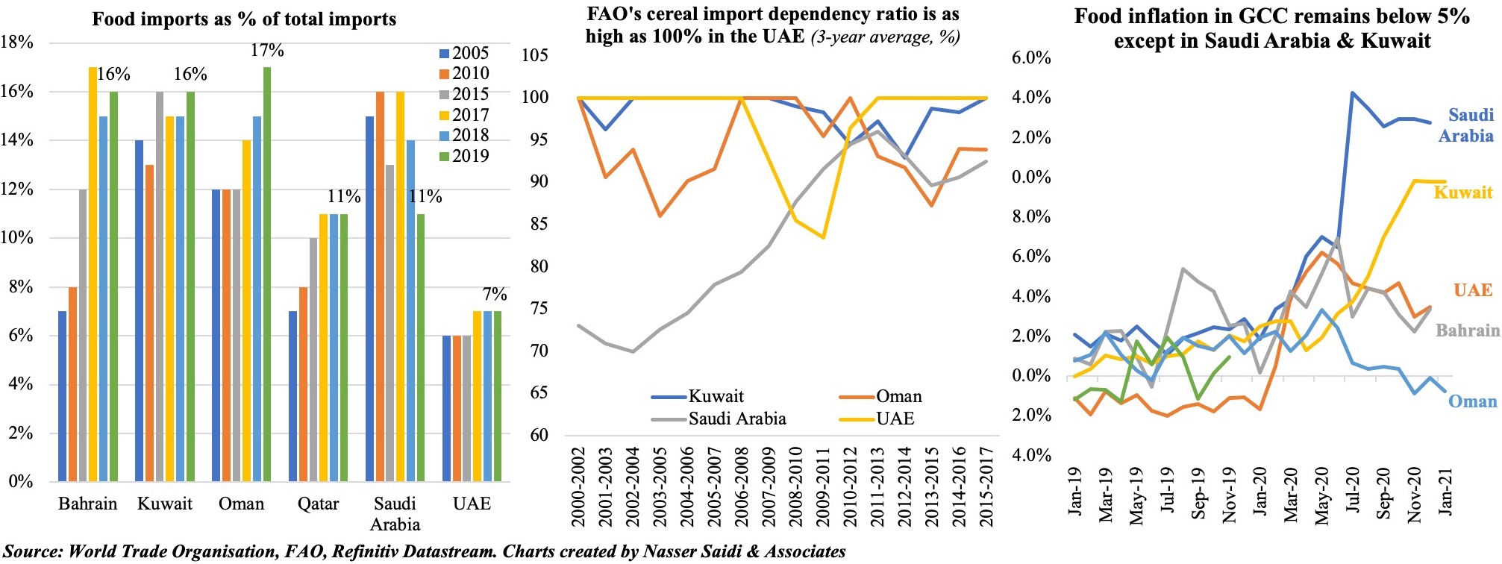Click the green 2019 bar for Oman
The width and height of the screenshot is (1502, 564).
click(x=267, y=274)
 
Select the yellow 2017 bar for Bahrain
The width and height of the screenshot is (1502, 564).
click(x=93, y=274)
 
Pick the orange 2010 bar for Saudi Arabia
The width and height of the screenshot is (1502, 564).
click(x=381, y=286)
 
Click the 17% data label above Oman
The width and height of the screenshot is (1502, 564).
click(x=267, y=51)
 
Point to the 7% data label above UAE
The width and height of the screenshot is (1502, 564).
click(x=495, y=294)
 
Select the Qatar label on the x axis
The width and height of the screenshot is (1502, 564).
click(x=318, y=504)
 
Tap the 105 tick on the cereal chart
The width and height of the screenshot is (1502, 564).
click(x=534, y=54)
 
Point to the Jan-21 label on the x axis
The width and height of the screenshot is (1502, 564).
click(x=1446, y=490)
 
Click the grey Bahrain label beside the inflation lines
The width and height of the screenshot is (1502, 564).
click(x=1467, y=330)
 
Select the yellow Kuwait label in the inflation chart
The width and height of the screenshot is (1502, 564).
click(x=1462, y=192)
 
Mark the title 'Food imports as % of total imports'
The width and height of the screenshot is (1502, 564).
click(x=244, y=19)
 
